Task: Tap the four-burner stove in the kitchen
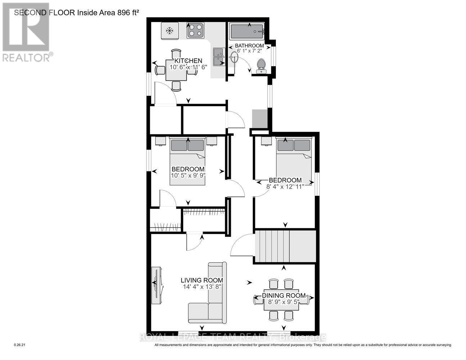pyautogui.click(x=195, y=30)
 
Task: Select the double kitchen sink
pyautogui.click(x=219, y=57)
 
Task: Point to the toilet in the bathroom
pyautogui.click(x=261, y=66)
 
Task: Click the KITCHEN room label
pyautogui.click(x=188, y=61)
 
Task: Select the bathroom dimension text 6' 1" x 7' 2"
pyautogui.click(x=249, y=51)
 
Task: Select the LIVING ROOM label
pyautogui.click(x=202, y=280)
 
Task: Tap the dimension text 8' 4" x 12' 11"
pyautogui.click(x=285, y=186)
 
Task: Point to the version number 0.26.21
pyautogui.click(x=20, y=345)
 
